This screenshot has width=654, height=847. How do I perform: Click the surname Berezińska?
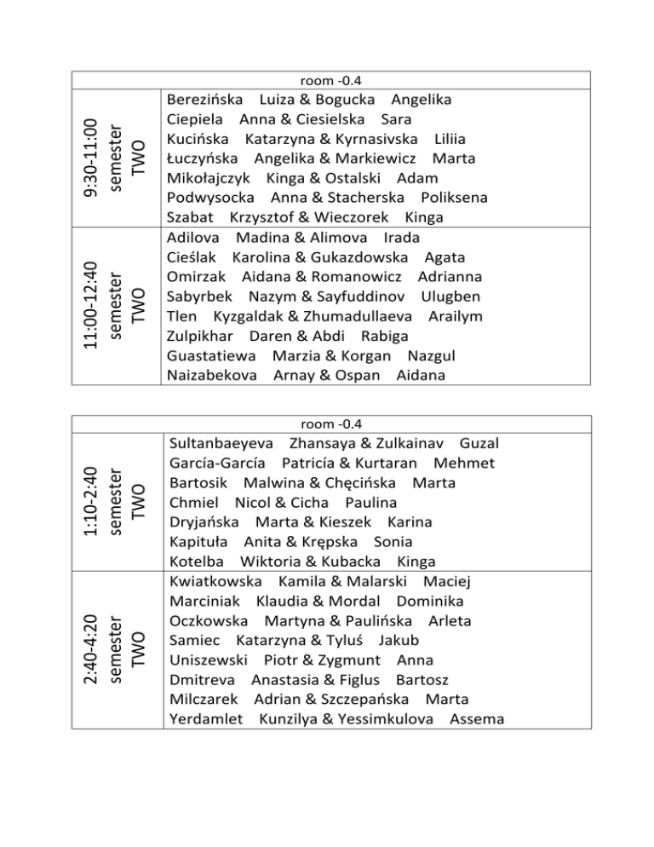pos(205,99)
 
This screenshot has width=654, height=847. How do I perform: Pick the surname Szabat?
pos(191,217)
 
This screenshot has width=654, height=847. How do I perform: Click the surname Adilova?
pos(194,237)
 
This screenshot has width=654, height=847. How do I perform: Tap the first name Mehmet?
pos(464,464)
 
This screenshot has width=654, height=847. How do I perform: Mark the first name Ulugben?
pos(450,297)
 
